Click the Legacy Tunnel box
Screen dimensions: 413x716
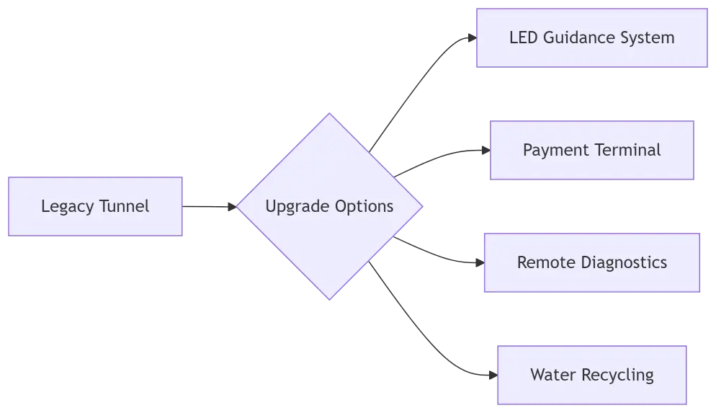point(95,205)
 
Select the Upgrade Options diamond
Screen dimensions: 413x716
point(329,206)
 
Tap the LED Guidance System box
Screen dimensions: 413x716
point(591,37)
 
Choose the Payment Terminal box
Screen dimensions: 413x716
point(592,150)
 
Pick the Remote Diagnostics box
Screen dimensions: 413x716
point(591,262)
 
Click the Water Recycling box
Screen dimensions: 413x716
point(591,375)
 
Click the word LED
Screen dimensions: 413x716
point(523,37)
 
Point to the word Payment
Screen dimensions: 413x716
point(555,150)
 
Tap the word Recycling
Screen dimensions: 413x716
point(620,375)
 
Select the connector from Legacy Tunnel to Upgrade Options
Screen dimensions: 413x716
point(210,205)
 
